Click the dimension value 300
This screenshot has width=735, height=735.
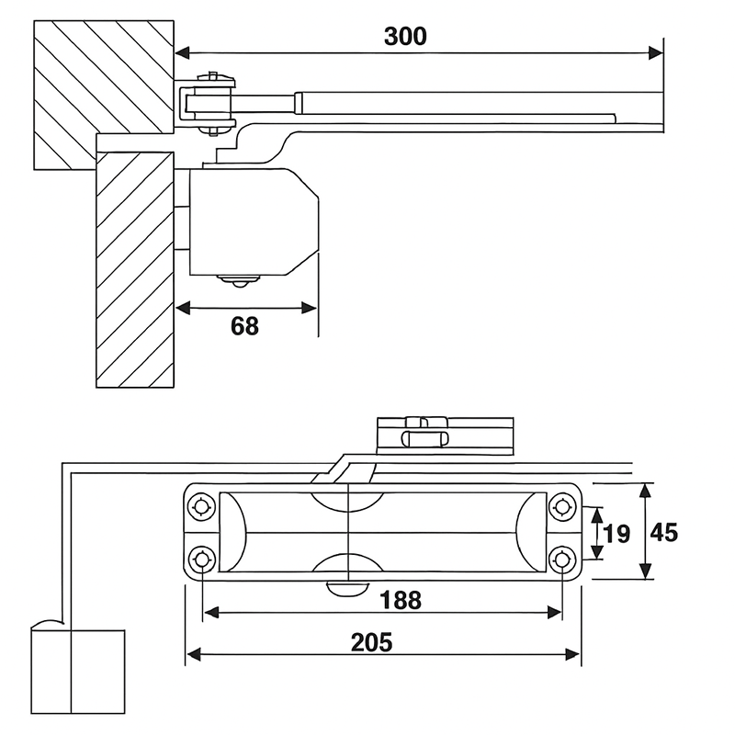point(405,37)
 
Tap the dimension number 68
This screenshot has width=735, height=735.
point(244,326)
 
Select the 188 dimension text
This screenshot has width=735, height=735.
point(401,600)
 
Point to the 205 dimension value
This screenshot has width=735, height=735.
point(372,642)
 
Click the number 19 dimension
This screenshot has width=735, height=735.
point(616,534)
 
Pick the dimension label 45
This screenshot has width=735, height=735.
point(664,533)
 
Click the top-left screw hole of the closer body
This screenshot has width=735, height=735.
point(202,507)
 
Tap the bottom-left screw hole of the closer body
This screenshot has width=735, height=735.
point(202,560)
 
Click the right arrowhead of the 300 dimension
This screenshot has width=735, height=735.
point(656,53)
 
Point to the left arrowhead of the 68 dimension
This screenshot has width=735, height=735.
point(183,308)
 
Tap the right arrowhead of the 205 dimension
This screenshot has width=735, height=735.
point(572,654)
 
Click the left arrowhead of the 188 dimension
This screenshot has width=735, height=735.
point(212,612)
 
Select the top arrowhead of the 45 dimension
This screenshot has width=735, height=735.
point(646,492)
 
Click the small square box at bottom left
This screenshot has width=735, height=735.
point(78,672)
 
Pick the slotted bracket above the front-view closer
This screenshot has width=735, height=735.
point(446,435)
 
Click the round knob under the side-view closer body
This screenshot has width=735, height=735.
point(238,281)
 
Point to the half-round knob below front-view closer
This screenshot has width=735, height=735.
point(347,589)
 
